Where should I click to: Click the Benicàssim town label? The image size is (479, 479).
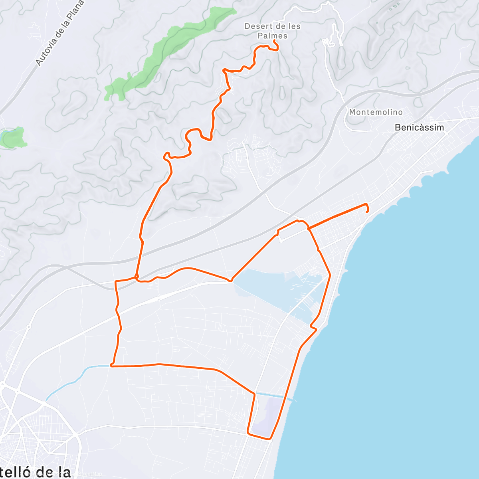419,127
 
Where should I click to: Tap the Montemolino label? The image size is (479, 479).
376,112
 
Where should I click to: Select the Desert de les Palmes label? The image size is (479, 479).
273,31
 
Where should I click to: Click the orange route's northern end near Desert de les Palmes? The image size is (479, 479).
274,41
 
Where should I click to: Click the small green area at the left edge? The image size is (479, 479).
14,137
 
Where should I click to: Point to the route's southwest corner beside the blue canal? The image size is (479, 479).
111,365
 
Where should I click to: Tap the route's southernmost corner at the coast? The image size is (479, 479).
270,439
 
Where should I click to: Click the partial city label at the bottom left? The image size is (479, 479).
36,471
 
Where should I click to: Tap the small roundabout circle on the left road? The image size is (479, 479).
29,327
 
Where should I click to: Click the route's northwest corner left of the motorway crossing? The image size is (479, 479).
116,281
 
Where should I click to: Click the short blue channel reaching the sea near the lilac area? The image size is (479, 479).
275,396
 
